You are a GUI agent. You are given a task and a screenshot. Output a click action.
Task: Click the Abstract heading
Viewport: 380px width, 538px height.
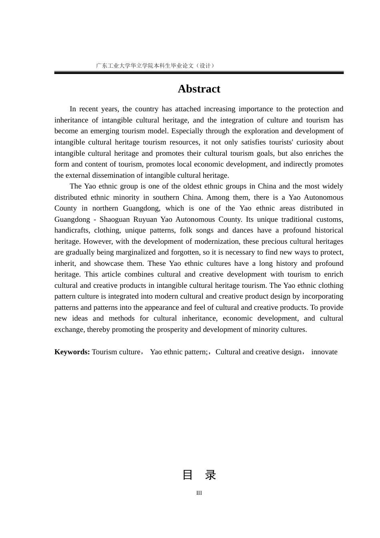(199, 89)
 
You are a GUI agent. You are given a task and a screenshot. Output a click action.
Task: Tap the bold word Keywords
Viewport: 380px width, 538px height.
(72, 352)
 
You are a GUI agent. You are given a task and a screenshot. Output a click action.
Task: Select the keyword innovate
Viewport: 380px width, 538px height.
(324, 352)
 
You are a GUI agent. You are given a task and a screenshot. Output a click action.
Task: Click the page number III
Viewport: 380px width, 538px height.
(199, 493)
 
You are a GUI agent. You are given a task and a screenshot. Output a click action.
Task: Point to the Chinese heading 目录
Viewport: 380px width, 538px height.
(199, 475)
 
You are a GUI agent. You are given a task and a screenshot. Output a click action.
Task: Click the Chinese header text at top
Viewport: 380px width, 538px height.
(155, 66)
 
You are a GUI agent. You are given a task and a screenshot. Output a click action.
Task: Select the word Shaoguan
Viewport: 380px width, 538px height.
(114, 219)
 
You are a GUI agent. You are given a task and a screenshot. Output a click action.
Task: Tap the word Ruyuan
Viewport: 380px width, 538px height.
(145, 219)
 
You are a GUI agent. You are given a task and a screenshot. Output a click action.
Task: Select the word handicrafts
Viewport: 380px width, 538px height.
(72, 230)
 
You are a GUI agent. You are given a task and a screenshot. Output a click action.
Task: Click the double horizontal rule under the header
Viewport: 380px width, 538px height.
(199, 73)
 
